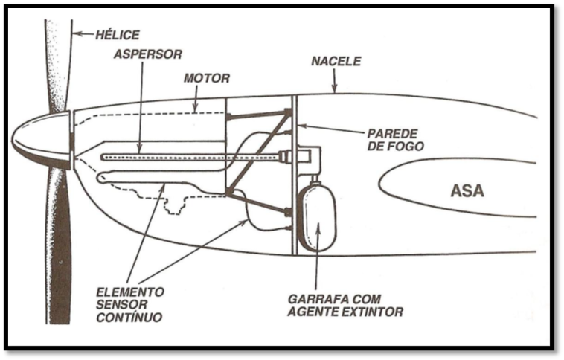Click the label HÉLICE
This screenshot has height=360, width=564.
118,34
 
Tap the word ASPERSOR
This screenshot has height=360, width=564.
149,54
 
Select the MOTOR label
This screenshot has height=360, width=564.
208,77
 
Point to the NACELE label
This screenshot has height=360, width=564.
336,61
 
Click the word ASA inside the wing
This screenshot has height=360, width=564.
467,190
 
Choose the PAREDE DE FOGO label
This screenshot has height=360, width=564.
396,140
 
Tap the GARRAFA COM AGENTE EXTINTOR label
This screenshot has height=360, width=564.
345,305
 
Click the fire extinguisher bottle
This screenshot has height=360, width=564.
317,217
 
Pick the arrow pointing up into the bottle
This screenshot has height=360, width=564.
318,226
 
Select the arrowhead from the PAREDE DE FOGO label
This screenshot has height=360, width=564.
301,126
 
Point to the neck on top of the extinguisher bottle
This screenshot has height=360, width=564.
315,181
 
